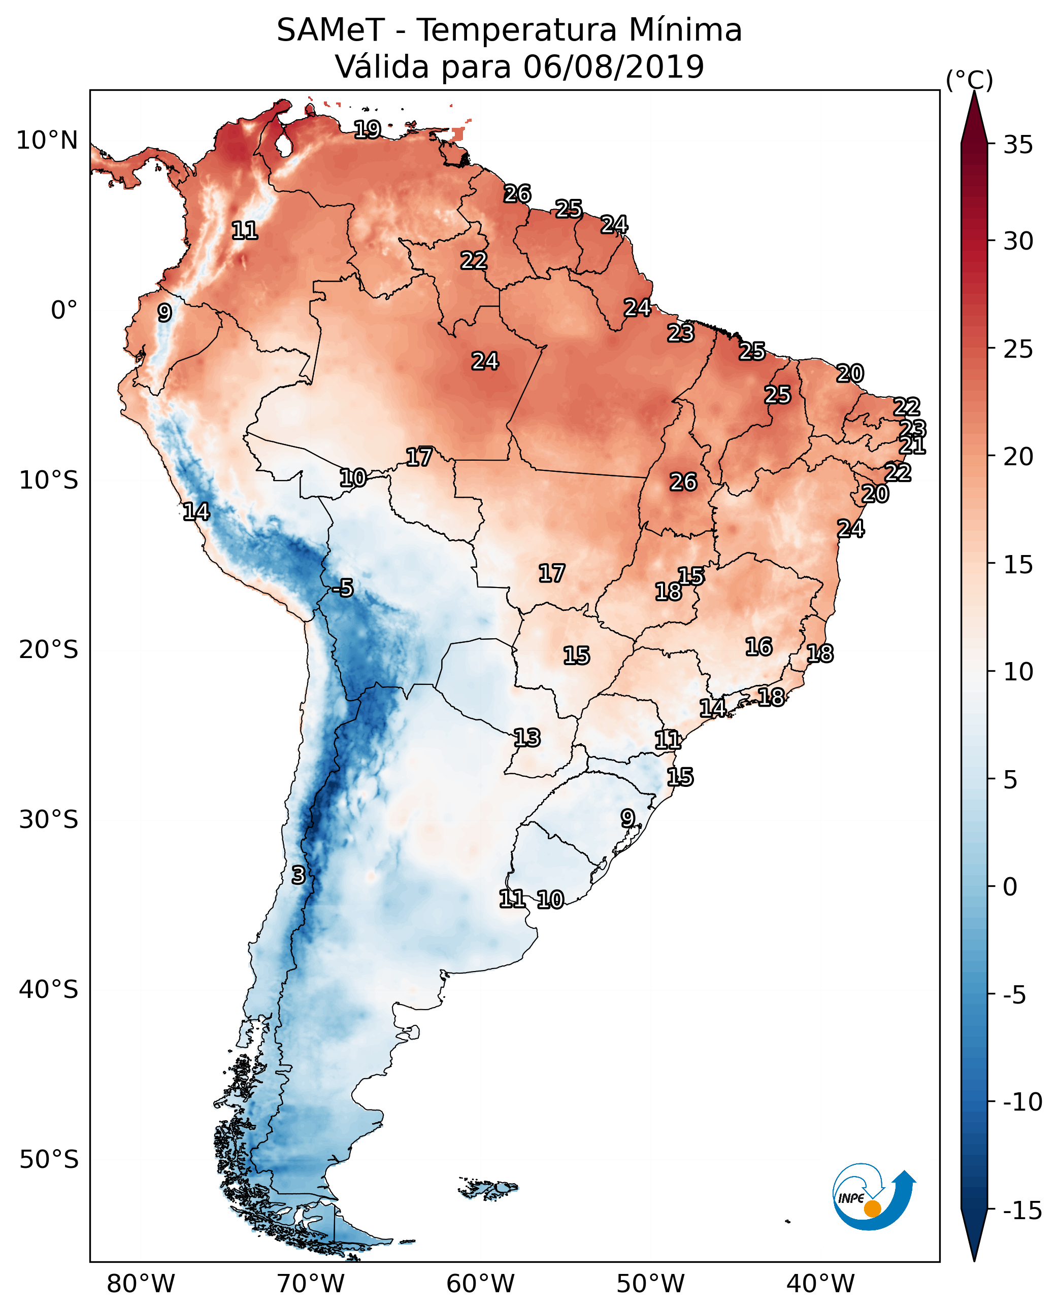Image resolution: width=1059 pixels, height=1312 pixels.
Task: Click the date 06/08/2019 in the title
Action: (x=613, y=66)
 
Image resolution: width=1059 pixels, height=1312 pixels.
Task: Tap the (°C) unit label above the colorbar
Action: (x=969, y=80)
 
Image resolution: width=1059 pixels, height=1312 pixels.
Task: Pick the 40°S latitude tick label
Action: (x=48, y=989)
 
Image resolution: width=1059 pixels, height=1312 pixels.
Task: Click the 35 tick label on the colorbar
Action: (x=1018, y=145)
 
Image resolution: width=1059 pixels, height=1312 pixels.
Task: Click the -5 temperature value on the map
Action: (x=343, y=589)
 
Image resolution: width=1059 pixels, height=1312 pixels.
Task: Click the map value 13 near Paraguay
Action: (x=526, y=738)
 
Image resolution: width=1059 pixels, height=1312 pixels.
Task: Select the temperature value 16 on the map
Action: (x=759, y=646)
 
